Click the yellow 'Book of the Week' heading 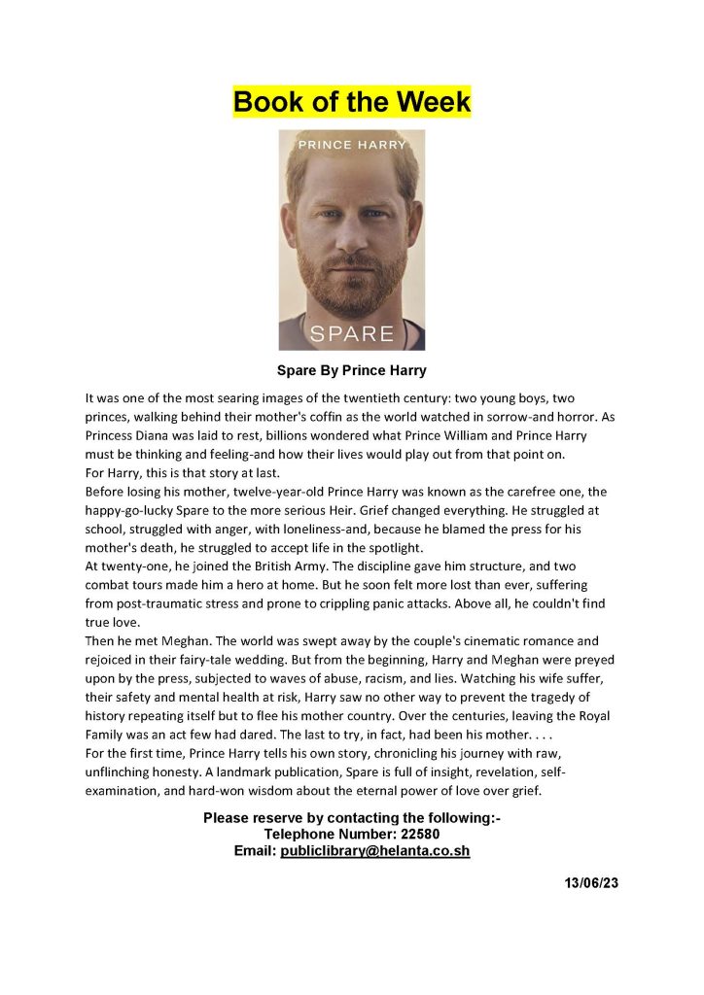[351, 101]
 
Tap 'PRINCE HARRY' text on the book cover [351, 145]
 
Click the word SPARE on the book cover [351, 333]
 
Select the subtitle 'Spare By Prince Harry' [351, 371]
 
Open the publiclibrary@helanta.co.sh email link [375, 850]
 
